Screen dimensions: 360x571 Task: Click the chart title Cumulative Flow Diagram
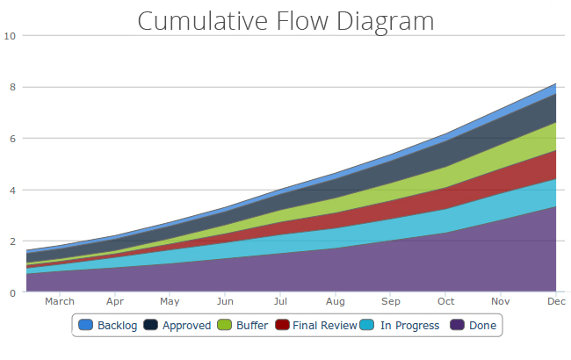pos(285,20)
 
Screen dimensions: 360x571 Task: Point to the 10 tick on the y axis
pos(10,36)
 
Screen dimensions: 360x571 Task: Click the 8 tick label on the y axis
pos(12,87)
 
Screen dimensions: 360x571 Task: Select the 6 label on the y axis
pos(12,139)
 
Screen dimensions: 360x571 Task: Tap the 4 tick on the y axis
pos(12,190)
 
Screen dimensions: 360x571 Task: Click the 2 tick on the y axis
pos(12,241)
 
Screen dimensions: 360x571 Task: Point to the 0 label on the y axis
pos(12,292)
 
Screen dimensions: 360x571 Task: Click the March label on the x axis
pos(60,301)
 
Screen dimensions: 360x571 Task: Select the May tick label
pos(170,301)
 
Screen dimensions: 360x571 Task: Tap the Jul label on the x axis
pos(280,301)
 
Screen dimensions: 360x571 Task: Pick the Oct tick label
pos(446,301)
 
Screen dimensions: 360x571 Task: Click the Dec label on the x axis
pos(556,301)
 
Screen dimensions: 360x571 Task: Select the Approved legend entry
pos(177,325)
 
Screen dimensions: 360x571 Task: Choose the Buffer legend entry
pos(243,325)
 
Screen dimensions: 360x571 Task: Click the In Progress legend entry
pos(401,325)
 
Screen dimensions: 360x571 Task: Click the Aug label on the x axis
pos(336,301)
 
